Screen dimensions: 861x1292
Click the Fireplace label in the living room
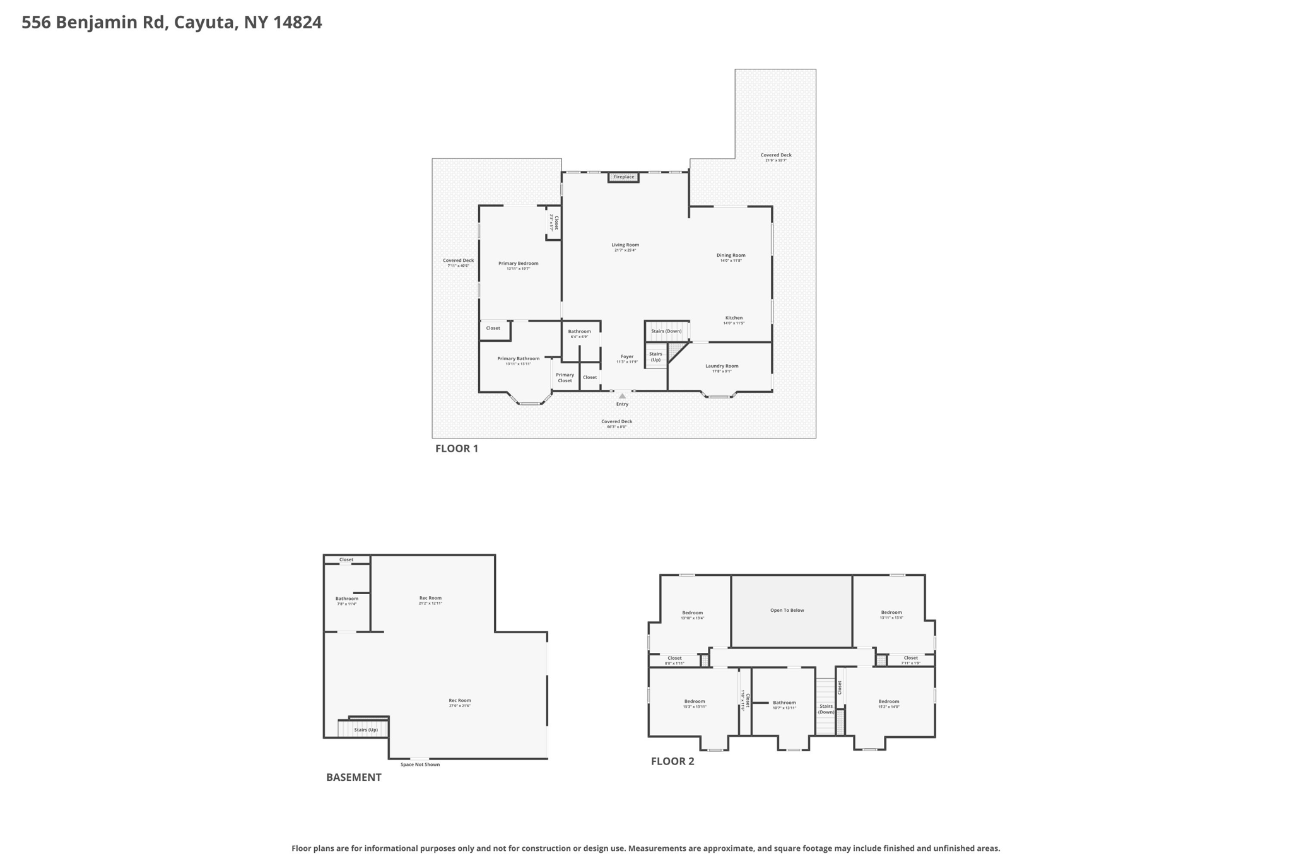pyautogui.click(x=624, y=177)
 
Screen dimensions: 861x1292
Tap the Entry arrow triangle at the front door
pyautogui.click(x=622, y=396)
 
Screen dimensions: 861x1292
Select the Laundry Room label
pyautogui.click(x=722, y=366)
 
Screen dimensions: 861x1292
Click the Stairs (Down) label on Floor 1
pyautogui.click(x=666, y=331)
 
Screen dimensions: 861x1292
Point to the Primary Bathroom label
pyautogui.click(x=518, y=358)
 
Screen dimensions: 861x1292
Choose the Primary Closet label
pyautogui.click(x=565, y=377)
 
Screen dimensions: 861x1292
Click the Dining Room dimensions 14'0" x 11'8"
pyautogui.click(x=731, y=261)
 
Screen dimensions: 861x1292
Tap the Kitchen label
pyautogui.click(x=734, y=318)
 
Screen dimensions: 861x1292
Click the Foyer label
pyautogui.click(x=626, y=356)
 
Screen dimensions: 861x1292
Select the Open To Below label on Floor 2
pyautogui.click(x=787, y=610)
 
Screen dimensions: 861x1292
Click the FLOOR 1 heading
pyautogui.click(x=456, y=448)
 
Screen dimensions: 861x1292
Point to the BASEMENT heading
pyautogui.click(x=353, y=777)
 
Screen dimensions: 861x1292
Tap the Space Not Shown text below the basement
pyautogui.click(x=420, y=764)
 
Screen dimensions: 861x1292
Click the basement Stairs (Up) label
pyautogui.click(x=365, y=730)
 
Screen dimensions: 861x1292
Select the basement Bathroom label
pyautogui.click(x=346, y=599)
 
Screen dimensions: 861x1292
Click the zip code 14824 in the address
pyautogui.click(x=297, y=23)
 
